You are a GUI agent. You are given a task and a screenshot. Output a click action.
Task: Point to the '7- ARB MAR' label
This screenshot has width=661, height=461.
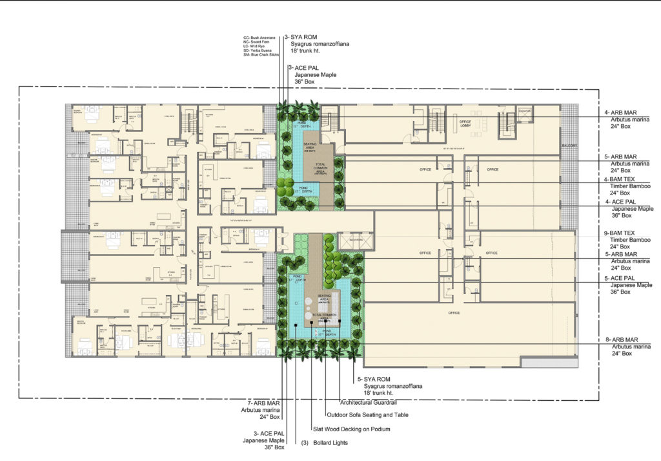click(258, 402)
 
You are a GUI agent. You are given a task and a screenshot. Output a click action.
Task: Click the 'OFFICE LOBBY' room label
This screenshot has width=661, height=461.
click(464, 122)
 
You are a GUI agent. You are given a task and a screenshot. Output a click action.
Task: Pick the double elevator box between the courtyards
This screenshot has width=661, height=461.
click(355, 241)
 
